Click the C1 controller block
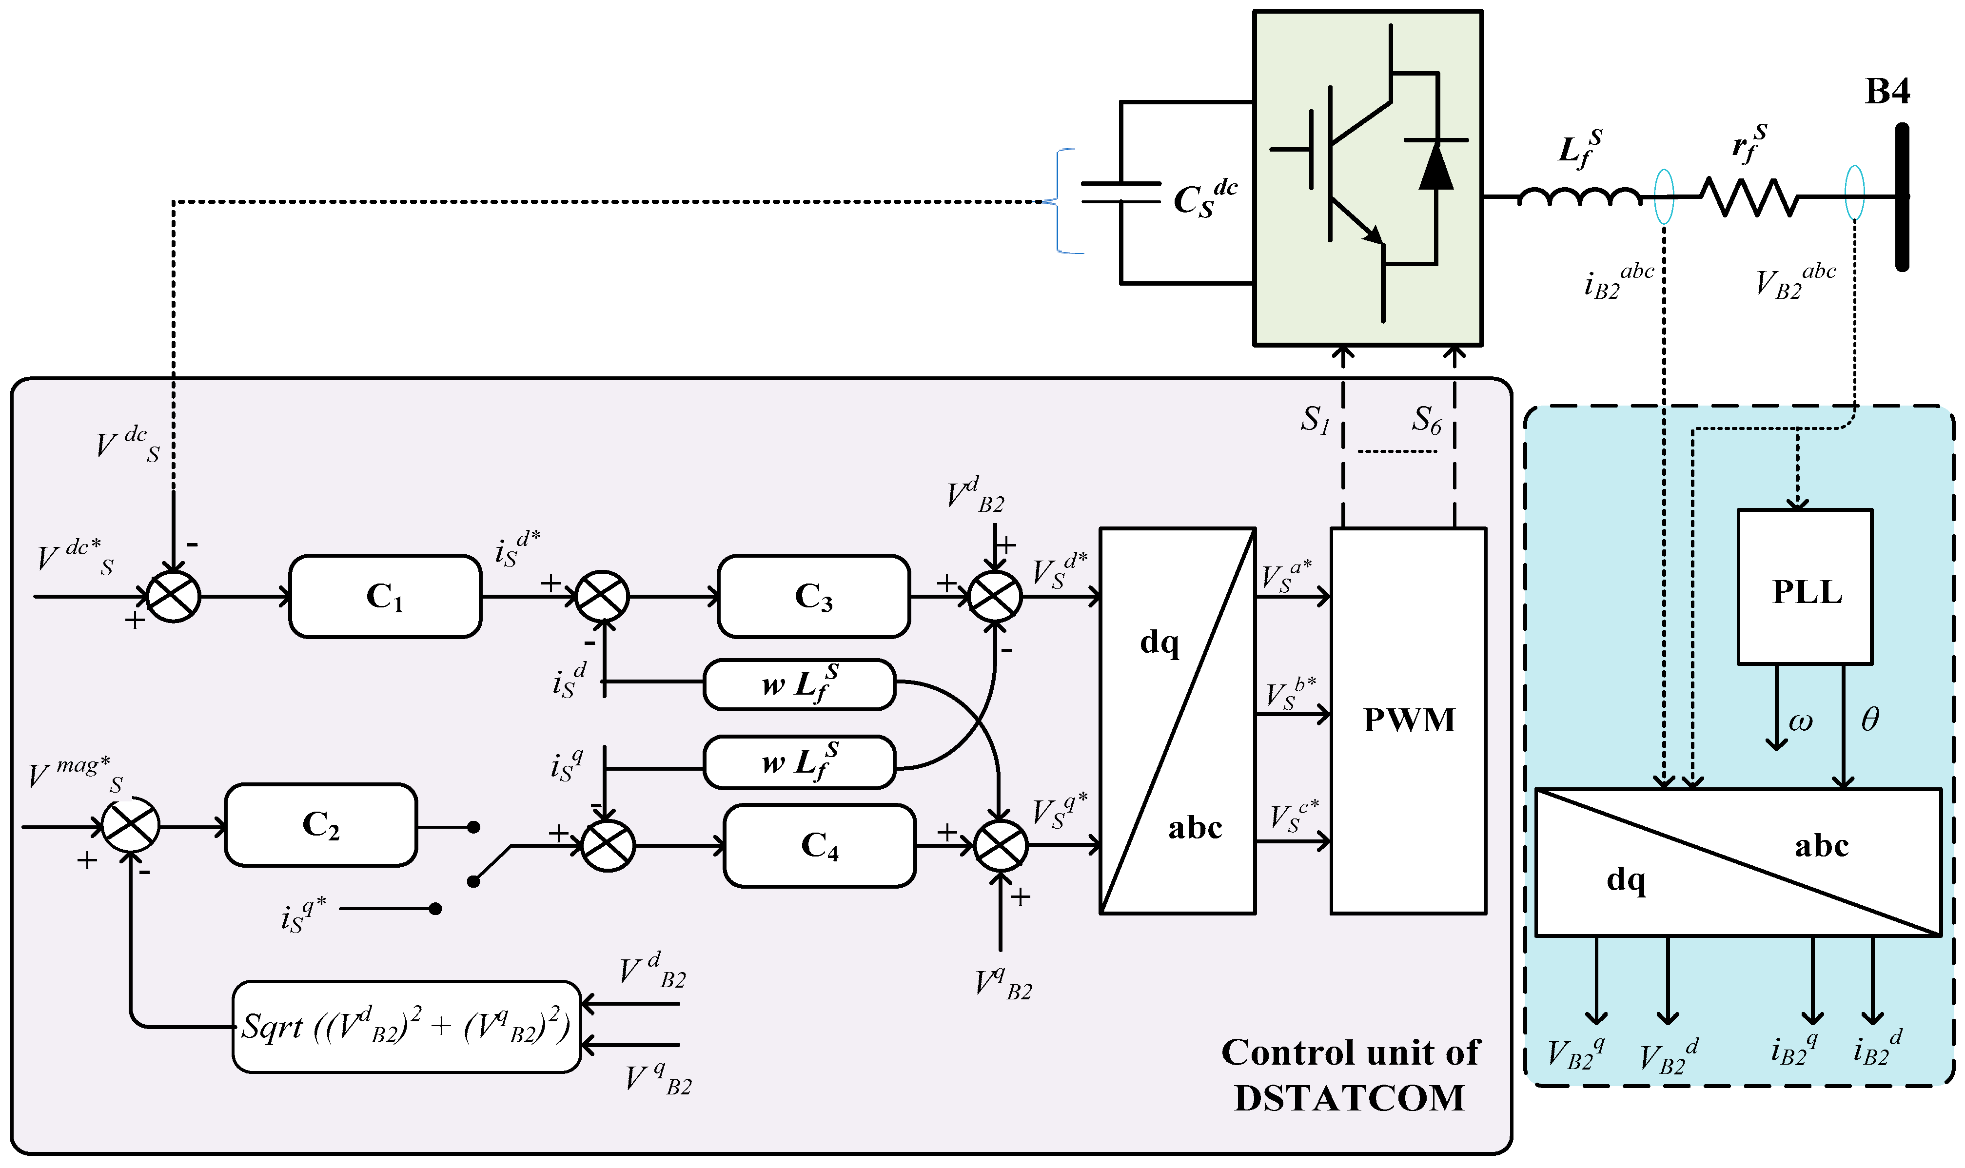point(385,596)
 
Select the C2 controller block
point(320,825)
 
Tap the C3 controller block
point(814,596)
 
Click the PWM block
point(1408,720)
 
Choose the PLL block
point(1805,586)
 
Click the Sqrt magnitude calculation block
point(406,1026)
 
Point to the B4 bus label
point(1887,91)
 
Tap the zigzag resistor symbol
point(1749,197)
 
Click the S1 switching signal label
point(1315,420)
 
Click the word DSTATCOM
point(1349,1098)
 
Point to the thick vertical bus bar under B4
point(1902,197)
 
